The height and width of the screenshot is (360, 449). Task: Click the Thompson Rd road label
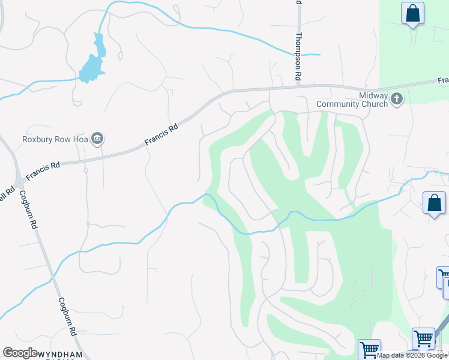[297, 57]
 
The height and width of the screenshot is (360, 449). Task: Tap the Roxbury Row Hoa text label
[55, 139]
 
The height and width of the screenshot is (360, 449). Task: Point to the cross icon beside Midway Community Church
[396, 99]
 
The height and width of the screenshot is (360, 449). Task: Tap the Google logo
[20, 353]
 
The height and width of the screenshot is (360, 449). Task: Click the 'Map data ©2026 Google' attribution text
[412, 355]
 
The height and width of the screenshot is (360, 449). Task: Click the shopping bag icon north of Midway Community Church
[412, 13]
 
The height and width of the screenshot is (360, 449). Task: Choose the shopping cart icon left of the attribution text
[369, 349]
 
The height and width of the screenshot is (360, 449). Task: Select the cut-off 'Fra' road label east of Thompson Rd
[443, 80]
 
